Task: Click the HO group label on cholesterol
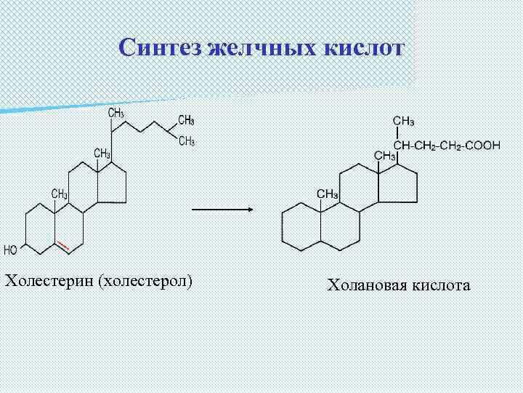pyautogui.click(x=11, y=250)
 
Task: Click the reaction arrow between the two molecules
pyautogui.click(x=222, y=210)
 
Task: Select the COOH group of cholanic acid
pyautogui.click(x=482, y=145)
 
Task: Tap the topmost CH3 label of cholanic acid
pyautogui.click(x=404, y=120)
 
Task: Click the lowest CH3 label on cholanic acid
pyautogui.click(x=328, y=194)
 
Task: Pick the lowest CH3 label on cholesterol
pyautogui.click(x=60, y=194)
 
